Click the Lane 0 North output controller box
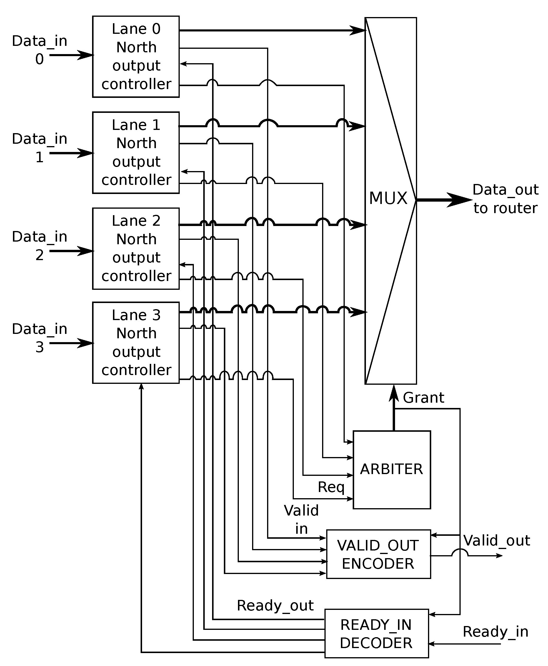click(136, 57)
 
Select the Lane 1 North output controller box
click(136, 153)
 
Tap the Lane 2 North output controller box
click(136, 248)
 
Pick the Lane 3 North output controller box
click(136, 343)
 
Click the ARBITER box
click(392, 470)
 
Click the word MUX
click(388, 198)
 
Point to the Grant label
click(423, 398)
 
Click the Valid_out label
click(497, 541)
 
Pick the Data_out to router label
click(505, 199)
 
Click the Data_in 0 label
click(39, 50)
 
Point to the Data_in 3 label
click(39, 338)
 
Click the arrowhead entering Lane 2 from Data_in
click(86, 251)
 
